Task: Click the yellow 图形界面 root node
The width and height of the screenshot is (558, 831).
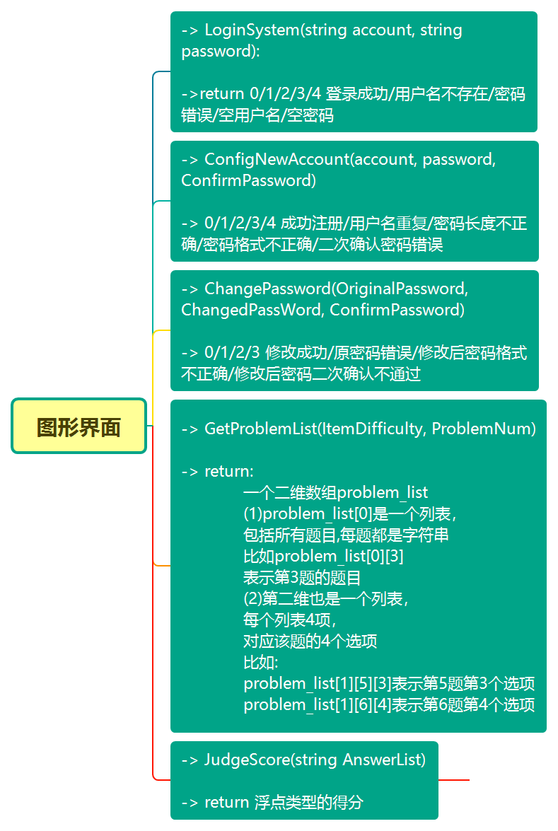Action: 79,426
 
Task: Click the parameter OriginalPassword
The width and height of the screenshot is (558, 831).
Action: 401,289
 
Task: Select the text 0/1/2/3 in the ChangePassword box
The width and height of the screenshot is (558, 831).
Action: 232,353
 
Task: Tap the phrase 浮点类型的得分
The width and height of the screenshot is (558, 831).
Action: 308,802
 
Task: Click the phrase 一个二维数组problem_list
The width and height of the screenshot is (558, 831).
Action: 336,492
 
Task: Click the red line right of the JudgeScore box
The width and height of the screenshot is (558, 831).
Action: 453,780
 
